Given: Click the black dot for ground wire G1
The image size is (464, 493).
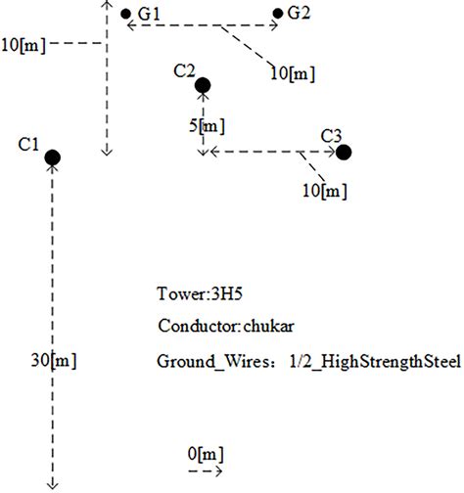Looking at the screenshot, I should tap(125, 14).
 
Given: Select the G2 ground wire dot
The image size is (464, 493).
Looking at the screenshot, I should tap(278, 14).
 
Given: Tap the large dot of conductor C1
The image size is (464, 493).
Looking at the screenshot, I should tap(53, 157).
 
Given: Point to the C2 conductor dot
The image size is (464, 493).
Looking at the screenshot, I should tap(203, 86).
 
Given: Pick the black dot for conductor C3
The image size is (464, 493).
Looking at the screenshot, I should tap(344, 152).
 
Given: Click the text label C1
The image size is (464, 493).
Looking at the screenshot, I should tap(28, 145).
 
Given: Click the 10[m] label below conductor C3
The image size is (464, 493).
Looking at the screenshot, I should tap(324, 190).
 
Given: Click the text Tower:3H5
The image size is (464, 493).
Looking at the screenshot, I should tap(195, 293).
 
